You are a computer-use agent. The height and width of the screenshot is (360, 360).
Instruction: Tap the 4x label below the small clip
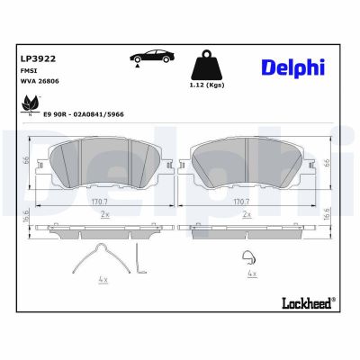point(252,273)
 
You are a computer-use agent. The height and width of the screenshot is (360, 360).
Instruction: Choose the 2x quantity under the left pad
point(105,216)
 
